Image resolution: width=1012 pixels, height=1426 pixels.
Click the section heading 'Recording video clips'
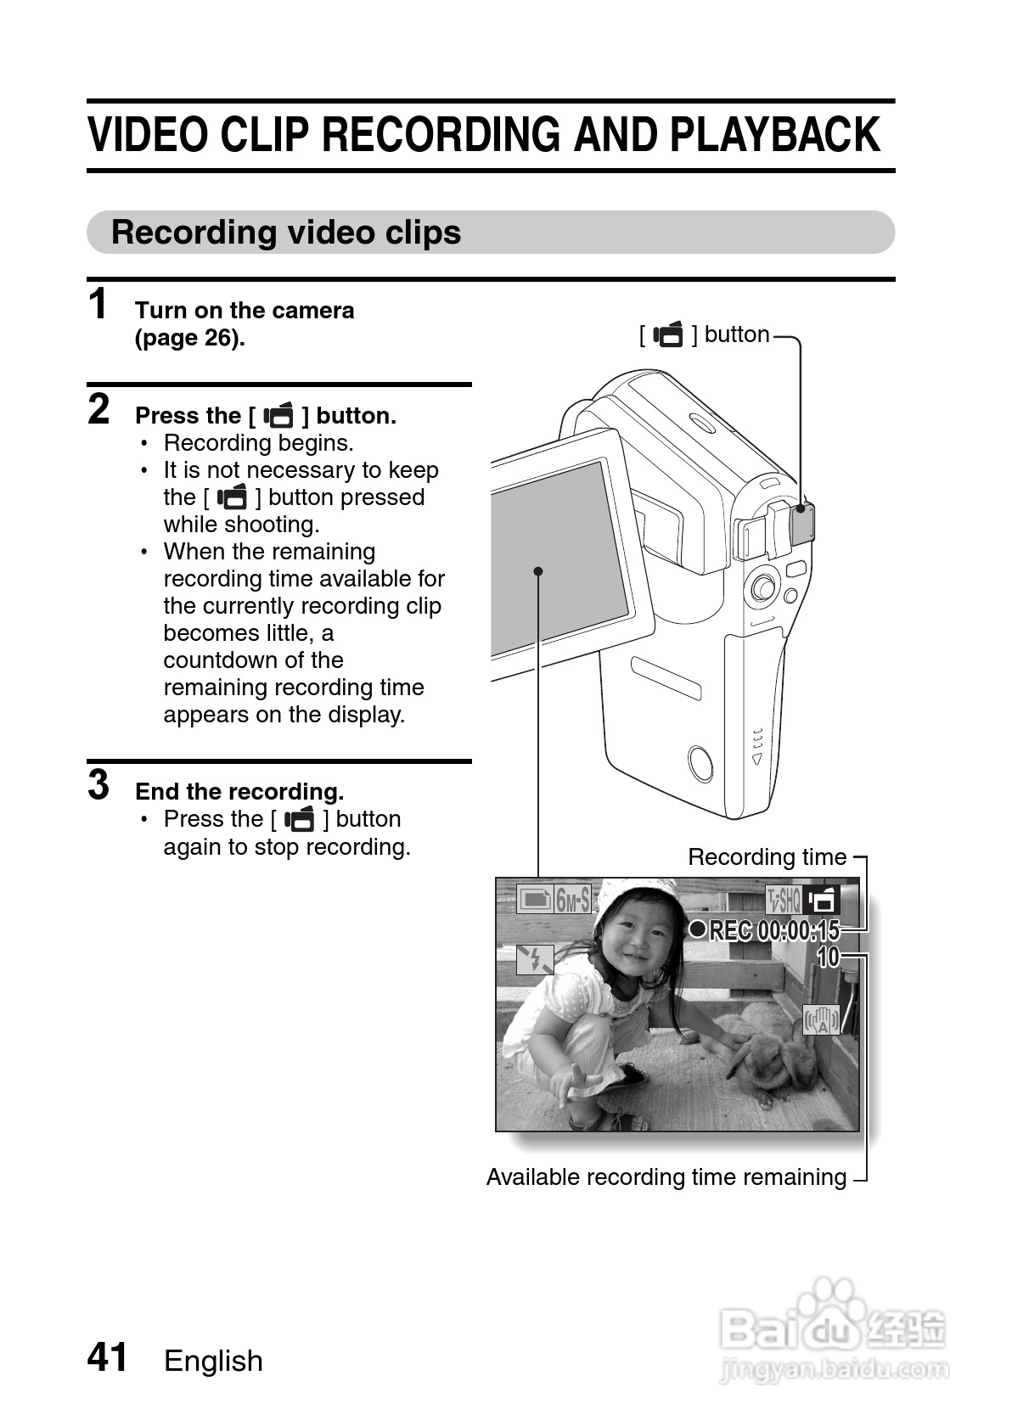(286, 232)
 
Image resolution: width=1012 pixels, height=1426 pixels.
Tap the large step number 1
(98, 304)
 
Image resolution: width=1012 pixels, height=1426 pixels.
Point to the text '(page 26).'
(190, 338)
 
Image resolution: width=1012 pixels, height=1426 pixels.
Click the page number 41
(107, 1356)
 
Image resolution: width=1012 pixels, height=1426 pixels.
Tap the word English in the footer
(213, 1361)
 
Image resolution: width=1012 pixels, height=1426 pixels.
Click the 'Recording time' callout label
(767, 857)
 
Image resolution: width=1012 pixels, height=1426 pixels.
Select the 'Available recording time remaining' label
(666, 1177)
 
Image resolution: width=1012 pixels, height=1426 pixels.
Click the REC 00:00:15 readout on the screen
(764, 930)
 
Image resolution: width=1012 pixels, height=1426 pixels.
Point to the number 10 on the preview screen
(828, 957)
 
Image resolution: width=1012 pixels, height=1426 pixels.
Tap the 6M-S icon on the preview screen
(554, 900)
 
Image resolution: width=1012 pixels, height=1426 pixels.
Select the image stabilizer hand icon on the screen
(822, 1020)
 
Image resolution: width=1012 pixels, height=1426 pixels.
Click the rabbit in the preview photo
(767, 1058)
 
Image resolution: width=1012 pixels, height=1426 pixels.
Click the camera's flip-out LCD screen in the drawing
(560, 557)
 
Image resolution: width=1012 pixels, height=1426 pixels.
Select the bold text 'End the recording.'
(239, 791)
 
